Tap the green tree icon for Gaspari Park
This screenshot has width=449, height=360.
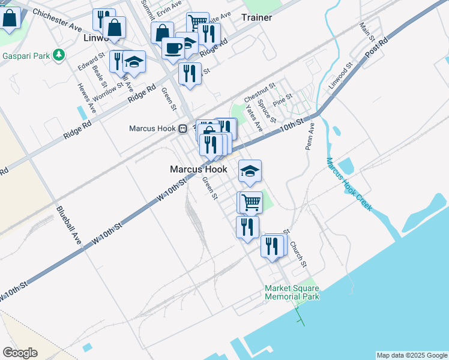pyautogui.click(x=58, y=55)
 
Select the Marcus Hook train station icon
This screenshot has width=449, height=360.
pyautogui.click(x=182, y=128)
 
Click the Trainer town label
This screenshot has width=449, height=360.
pyautogui.click(x=256, y=17)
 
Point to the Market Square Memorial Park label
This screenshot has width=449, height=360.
pyautogui.click(x=292, y=292)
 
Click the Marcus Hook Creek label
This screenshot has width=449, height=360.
pyautogui.click(x=349, y=184)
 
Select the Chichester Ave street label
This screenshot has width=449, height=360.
pyautogui.click(x=57, y=20)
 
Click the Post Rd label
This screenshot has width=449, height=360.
pyautogui.click(x=376, y=48)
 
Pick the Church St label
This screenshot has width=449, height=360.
pyautogui.click(x=298, y=254)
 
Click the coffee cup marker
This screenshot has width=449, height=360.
pyautogui.click(x=173, y=48)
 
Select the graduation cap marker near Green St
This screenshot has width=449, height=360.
pyautogui.click(x=250, y=171)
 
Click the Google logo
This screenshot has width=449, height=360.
pyautogui.click(x=20, y=353)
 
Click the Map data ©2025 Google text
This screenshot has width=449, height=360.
pyautogui.click(x=412, y=355)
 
